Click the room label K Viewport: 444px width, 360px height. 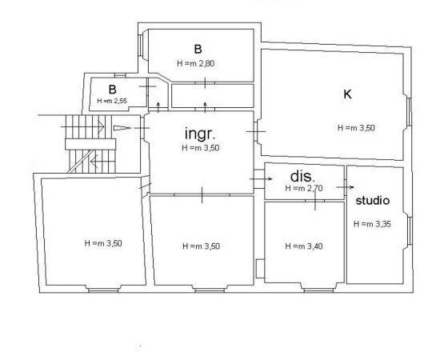348,94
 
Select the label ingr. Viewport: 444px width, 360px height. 201,132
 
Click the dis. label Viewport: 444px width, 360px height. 302,175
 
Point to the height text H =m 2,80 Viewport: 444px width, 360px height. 196,62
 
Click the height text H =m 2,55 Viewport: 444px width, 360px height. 112,102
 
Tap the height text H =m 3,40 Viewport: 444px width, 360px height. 304,246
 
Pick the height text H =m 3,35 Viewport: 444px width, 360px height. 373,225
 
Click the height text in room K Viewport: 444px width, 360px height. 357,127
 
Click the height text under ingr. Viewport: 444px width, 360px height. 201,148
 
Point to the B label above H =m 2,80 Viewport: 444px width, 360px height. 197,47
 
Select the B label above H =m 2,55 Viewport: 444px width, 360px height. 113,89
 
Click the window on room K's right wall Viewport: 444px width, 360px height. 408,111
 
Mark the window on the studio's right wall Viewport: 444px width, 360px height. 408,232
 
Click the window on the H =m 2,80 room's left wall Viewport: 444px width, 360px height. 142,46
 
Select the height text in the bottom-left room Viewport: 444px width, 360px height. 103,242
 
